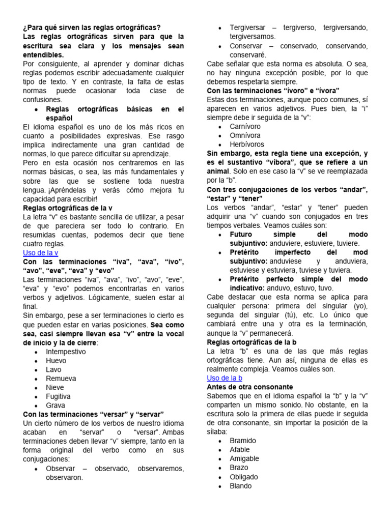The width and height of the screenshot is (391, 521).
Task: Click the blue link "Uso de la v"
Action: (41, 253)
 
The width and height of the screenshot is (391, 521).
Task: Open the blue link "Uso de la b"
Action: (225, 378)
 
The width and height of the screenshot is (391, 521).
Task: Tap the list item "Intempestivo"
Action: (66, 352)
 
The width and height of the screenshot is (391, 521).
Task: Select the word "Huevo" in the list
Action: (56, 361)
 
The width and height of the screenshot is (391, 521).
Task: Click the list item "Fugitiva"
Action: (59, 396)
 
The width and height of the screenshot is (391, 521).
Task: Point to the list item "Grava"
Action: (55, 406)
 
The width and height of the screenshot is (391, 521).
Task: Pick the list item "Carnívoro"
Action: (245, 126)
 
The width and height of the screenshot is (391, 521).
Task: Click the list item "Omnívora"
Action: (245, 135)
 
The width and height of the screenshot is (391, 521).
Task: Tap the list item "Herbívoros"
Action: (247, 144)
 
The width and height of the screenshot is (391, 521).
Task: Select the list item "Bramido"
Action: (243, 441)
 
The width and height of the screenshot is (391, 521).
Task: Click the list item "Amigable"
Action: (244, 458)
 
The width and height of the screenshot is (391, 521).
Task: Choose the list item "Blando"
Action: (241, 486)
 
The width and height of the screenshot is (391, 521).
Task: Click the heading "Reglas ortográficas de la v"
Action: (68, 208)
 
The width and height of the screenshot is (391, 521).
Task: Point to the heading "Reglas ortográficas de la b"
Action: (252, 342)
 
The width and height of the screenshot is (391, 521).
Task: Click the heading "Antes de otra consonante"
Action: (250, 387)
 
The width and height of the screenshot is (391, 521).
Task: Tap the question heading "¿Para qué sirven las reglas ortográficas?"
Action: (92, 27)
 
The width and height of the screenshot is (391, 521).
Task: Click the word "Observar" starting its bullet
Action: (61, 469)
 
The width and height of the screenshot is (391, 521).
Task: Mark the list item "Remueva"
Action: (61, 379)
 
